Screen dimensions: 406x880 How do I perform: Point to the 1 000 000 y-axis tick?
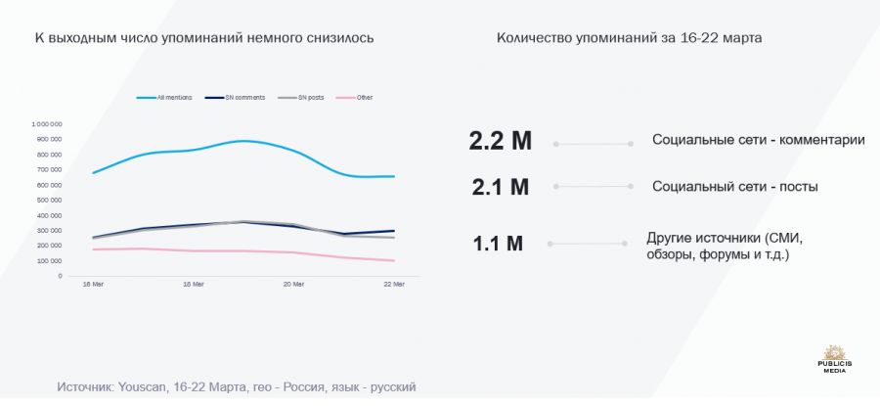pos(47,124)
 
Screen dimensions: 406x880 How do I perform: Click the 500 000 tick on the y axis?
pos(49,200)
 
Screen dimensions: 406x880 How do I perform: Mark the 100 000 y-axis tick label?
pos(49,260)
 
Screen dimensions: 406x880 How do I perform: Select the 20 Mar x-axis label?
pos(293,285)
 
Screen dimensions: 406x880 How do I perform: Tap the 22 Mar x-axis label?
pos(394,285)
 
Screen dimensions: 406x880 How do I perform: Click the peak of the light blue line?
pos(243,141)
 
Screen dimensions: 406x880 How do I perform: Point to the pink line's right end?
pos(394,260)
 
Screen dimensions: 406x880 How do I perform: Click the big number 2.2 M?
pos(500,142)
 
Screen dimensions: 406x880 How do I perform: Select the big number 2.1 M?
pos(500,186)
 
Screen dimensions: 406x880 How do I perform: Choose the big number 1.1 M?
pos(499,243)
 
